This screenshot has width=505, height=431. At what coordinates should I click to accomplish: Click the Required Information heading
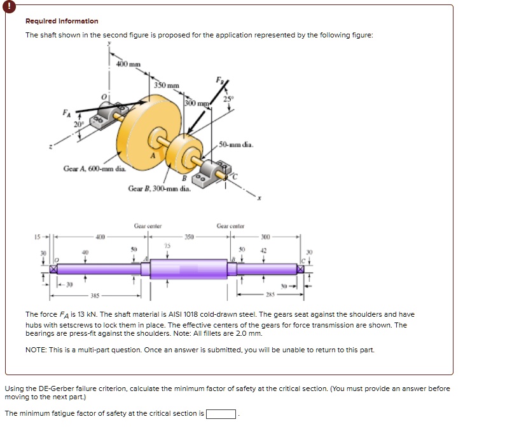(x=62, y=21)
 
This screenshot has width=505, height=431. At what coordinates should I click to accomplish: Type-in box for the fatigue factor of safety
(x=221, y=414)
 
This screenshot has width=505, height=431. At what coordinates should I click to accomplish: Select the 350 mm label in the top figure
(x=167, y=85)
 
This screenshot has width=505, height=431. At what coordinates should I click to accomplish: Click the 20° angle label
(x=79, y=125)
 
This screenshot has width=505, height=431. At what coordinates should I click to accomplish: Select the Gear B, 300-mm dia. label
(x=159, y=189)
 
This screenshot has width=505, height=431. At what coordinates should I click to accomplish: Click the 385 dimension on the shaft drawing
(x=95, y=296)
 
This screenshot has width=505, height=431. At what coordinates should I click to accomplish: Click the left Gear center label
(x=148, y=225)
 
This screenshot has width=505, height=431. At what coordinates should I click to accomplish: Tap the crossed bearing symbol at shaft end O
(x=54, y=269)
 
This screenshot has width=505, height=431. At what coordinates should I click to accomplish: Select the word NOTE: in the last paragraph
(x=36, y=350)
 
